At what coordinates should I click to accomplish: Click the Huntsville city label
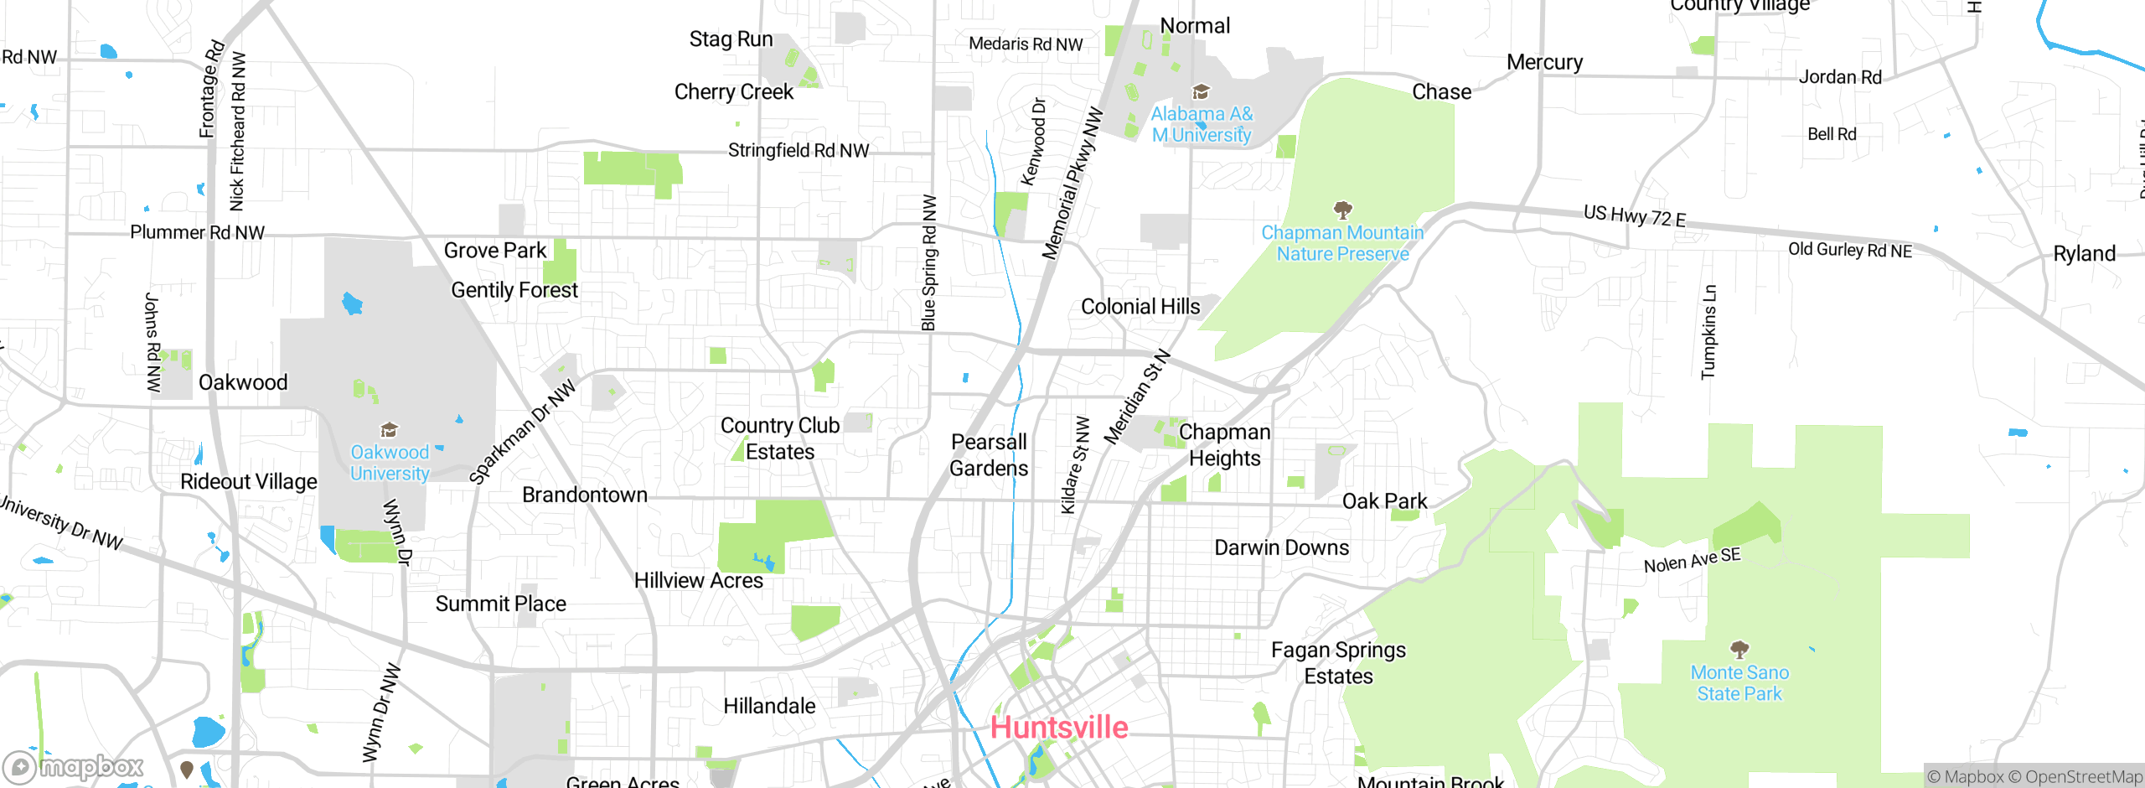1059,727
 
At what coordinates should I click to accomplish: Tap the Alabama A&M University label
1202,124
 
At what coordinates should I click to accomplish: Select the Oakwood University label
390,463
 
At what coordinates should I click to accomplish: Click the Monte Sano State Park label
1739,683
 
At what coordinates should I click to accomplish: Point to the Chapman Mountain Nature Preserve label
1342,243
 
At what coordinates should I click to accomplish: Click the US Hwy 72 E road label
1634,216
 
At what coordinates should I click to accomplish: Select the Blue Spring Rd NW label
928,263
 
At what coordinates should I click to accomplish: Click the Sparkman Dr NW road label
522,432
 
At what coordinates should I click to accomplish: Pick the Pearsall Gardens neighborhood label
989,455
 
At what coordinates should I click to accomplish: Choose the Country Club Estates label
780,438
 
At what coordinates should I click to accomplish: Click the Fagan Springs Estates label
1338,663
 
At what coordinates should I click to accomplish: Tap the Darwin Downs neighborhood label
1282,547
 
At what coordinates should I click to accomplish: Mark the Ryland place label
2084,253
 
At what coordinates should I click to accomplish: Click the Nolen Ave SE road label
1692,560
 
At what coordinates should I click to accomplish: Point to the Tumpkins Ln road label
1708,332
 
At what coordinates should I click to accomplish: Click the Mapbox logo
74,766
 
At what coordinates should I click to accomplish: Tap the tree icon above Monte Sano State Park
1739,649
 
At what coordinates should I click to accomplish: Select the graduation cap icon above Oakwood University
389,430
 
